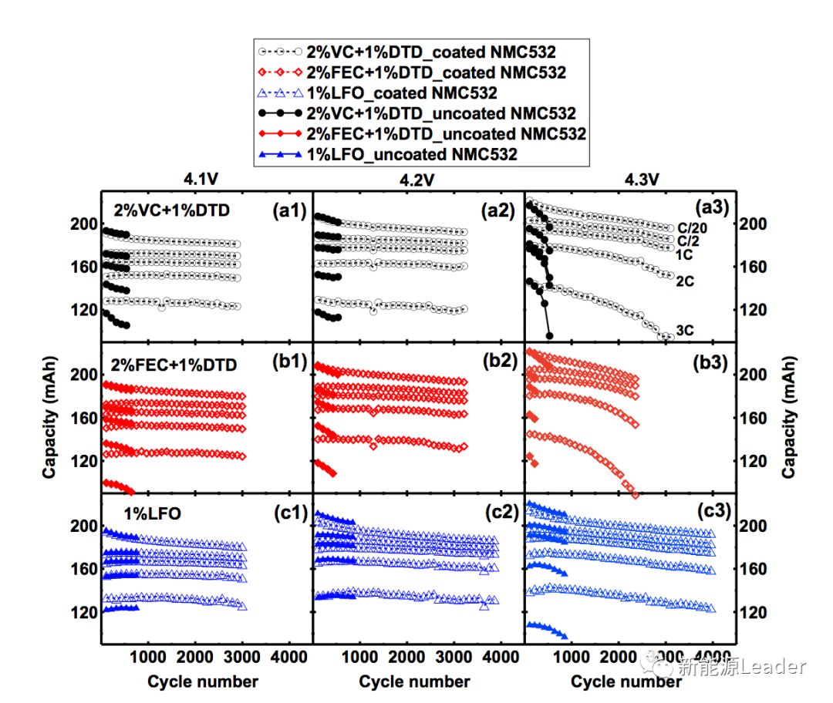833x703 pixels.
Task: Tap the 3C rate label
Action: pos(685,331)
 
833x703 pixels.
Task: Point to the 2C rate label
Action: pos(685,282)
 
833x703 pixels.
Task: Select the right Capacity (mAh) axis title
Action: pos(789,416)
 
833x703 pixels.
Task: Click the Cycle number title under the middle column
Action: pos(414,681)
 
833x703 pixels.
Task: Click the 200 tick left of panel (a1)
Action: pos(87,224)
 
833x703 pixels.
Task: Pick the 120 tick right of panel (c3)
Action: pos(751,612)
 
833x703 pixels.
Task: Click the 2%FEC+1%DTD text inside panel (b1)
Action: pos(175,365)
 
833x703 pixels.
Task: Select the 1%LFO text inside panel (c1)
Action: pos(152,513)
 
